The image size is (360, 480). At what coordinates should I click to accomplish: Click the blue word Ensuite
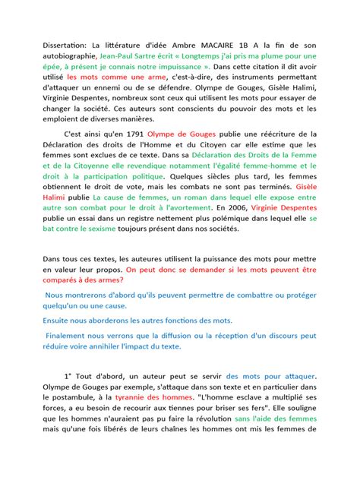[x=60, y=321]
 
